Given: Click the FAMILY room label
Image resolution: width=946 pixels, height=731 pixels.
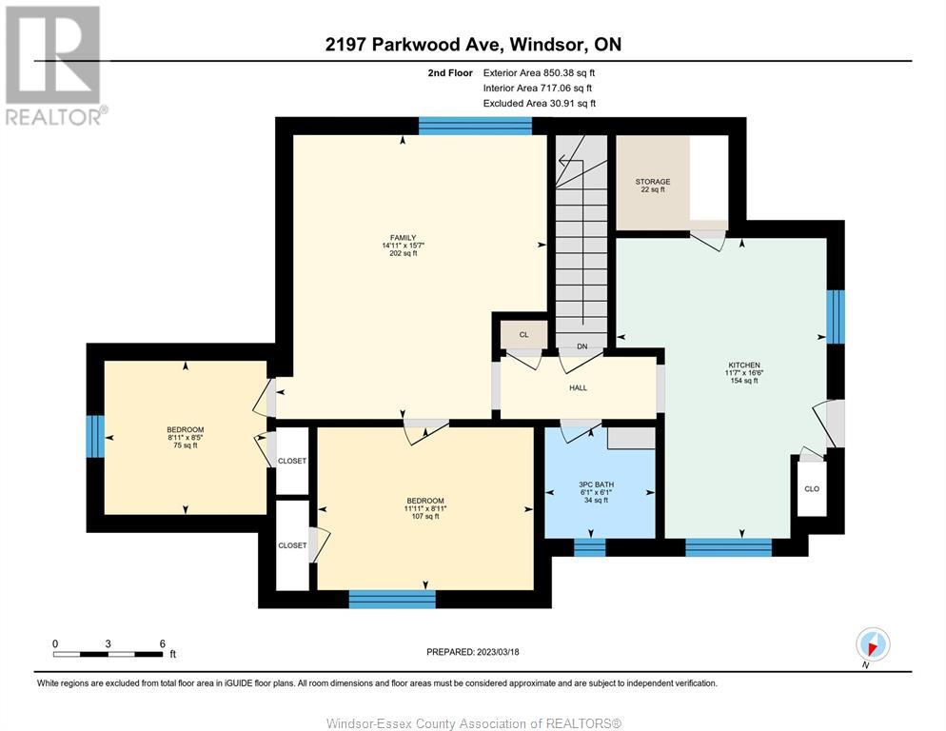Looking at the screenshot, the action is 403,238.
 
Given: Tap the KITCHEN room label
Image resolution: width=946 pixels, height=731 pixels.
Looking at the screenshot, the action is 744,365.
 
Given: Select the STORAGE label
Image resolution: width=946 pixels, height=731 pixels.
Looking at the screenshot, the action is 653,182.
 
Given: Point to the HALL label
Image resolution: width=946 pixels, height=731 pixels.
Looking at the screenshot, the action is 578,388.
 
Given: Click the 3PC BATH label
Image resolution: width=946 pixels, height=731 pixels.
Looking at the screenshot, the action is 596,484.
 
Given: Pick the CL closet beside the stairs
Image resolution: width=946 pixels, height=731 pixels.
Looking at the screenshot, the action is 523,334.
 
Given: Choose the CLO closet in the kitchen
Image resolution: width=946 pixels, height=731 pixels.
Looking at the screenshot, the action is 812,489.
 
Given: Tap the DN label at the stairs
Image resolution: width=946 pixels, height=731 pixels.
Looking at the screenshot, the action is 582,346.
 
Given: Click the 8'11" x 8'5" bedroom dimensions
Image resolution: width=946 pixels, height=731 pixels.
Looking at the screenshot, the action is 186,438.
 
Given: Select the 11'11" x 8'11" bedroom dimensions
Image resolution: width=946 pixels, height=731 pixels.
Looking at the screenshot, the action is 425,509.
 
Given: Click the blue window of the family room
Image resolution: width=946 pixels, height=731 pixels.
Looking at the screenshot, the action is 476,127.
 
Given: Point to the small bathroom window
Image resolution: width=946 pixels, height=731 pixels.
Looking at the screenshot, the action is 589,547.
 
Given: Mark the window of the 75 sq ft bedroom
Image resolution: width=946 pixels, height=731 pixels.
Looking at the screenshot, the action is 95,437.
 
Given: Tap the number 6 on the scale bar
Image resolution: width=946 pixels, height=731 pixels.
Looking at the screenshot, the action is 163,643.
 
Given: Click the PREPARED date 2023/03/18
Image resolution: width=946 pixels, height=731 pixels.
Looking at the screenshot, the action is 498,652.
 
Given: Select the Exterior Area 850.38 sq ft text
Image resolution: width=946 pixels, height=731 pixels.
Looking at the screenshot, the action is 539,73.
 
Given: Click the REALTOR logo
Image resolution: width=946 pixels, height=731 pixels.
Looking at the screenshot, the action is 56,65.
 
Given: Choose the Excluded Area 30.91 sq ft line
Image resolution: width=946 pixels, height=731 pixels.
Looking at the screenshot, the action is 540,103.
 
